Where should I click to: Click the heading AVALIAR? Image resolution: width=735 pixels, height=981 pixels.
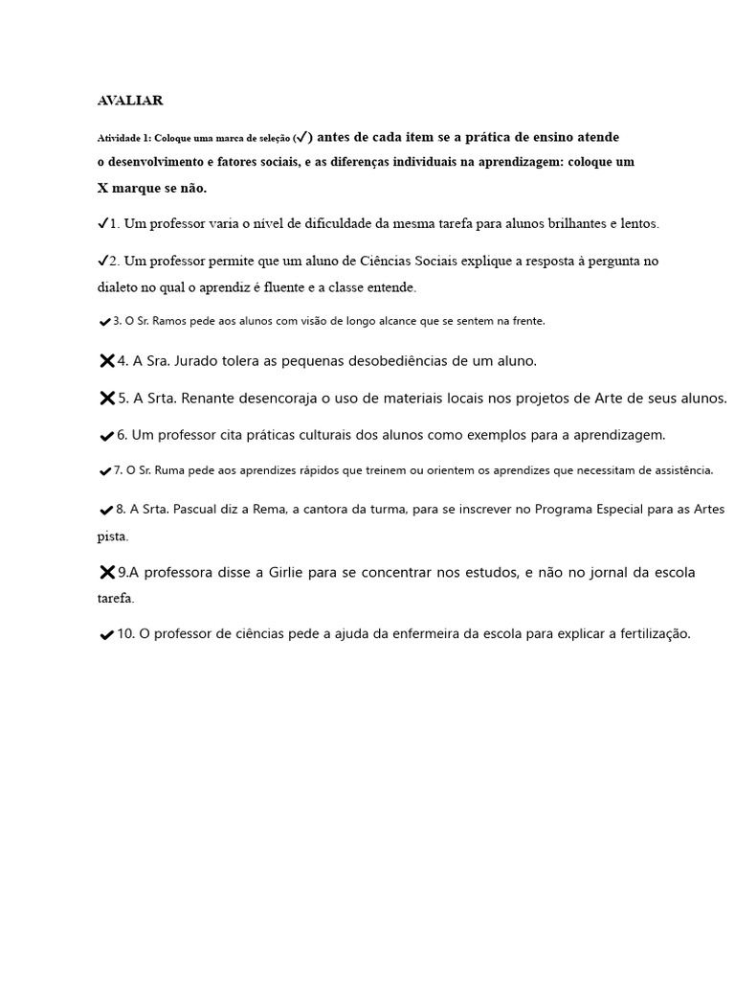pyautogui.click(x=130, y=100)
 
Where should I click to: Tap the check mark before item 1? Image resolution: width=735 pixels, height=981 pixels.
pyautogui.click(x=102, y=223)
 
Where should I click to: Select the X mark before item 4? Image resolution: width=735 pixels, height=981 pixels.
pyautogui.click(x=106, y=361)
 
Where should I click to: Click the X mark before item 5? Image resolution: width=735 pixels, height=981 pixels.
pyautogui.click(x=106, y=398)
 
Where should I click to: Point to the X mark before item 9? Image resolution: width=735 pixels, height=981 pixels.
pyautogui.click(x=106, y=572)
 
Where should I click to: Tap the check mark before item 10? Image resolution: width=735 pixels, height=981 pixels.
pyautogui.click(x=106, y=635)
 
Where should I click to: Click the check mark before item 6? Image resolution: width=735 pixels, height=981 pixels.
pyautogui.click(x=106, y=436)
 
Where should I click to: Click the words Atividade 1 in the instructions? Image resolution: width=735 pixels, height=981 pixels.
pyautogui.click(x=123, y=138)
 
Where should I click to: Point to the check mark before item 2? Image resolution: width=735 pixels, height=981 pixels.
pyautogui.click(x=102, y=261)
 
